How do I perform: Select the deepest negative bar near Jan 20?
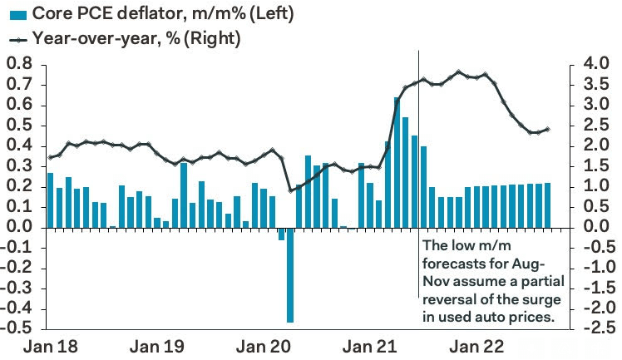click(x=290, y=274)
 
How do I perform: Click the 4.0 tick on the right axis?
click(x=592, y=64)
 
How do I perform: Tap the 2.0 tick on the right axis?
click(x=592, y=145)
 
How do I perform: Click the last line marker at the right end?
click(x=547, y=129)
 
